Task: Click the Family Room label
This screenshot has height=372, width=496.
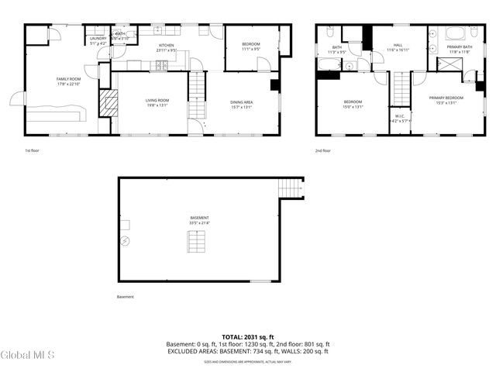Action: pyautogui.click(x=68, y=79)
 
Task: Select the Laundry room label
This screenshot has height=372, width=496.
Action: pyautogui.click(x=98, y=38)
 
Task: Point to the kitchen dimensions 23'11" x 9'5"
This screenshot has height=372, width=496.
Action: pyautogui.click(x=167, y=50)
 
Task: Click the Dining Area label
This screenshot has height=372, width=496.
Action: pyautogui.click(x=241, y=102)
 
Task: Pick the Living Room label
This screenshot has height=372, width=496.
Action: pyautogui.click(x=157, y=100)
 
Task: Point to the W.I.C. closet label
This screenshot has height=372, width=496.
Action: pyautogui.click(x=399, y=116)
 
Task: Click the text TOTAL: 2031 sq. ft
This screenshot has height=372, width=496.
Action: pyautogui.click(x=247, y=337)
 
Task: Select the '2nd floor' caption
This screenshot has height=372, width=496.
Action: pyautogui.click(x=322, y=150)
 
